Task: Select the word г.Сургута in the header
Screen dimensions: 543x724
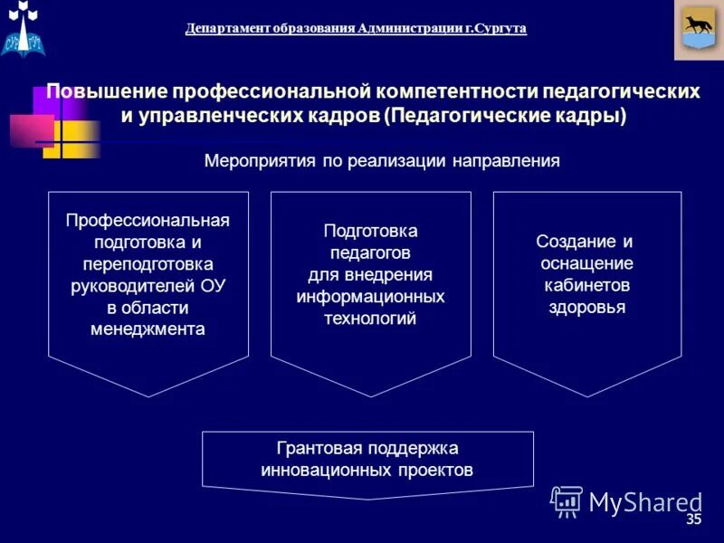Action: point(496,28)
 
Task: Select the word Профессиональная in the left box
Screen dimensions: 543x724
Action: point(148,222)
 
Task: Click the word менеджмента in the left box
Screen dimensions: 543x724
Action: point(148,329)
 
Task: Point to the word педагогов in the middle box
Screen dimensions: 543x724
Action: point(370,253)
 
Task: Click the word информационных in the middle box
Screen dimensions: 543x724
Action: point(370,297)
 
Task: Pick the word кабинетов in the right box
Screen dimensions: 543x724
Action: point(586,285)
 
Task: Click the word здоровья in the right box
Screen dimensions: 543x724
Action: point(586,307)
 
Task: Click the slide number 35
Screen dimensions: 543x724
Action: point(694,519)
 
